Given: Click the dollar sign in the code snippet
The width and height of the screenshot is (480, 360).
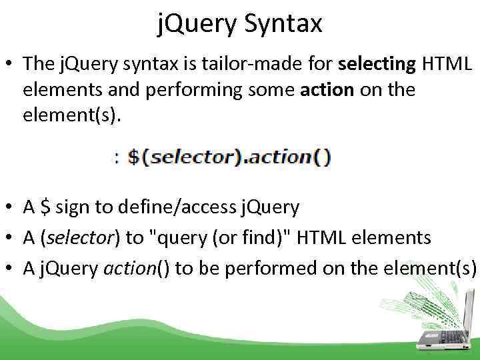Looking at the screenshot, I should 134,158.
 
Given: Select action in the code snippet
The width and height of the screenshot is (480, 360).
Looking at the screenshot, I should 281,158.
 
